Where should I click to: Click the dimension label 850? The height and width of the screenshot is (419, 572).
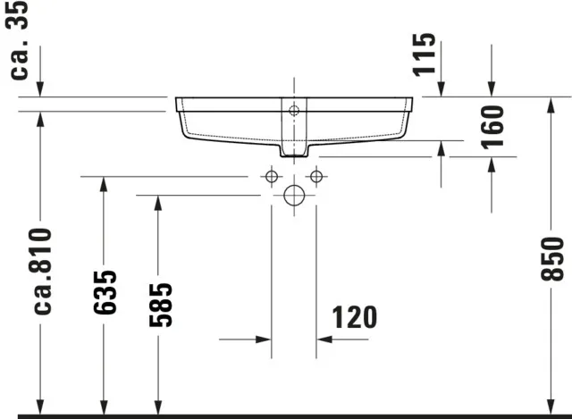(553, 260)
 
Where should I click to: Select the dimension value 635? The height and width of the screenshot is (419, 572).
(105, 291)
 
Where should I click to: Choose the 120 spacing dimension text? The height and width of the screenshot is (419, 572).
(354, 317)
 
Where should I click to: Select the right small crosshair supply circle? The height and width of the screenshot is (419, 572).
(315, 177)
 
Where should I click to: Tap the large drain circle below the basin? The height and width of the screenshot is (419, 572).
(294, 196)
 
